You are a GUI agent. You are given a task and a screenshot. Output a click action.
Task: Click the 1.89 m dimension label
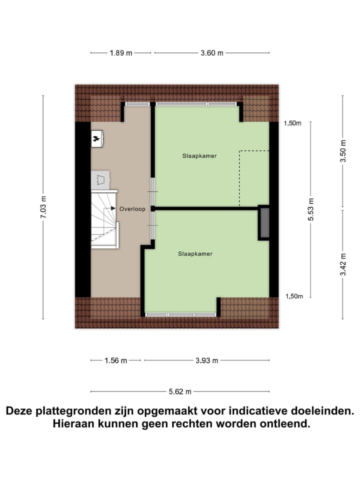(x=121, y=53)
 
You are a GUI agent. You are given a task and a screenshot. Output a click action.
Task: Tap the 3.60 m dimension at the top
(x=212, y=53)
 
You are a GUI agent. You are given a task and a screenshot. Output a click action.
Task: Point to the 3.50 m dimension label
(x=343, y=151)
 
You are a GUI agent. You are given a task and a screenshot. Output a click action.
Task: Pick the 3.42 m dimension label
(x=343, y=264)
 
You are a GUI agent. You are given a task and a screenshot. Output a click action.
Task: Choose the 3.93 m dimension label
(x=206, y=360)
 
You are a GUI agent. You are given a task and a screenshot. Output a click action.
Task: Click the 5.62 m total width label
(x=180, y=392)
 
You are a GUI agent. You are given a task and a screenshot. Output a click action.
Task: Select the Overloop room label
(x=132, y=209)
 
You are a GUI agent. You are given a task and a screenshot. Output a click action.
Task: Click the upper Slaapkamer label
(x=199, y=156)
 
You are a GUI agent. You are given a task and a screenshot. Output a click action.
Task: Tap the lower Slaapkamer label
(x=195, y=254)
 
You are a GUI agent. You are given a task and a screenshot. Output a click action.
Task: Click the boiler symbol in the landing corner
(x=97, y=139)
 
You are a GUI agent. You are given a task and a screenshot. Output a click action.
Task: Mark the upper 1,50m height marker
(x=293, y=123)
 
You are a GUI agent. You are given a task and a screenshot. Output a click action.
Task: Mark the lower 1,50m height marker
(x=294, y=296)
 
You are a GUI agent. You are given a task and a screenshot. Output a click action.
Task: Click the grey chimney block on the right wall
(x=263, y=222)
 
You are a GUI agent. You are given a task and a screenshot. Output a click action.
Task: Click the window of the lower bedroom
(x=180, y=314)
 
